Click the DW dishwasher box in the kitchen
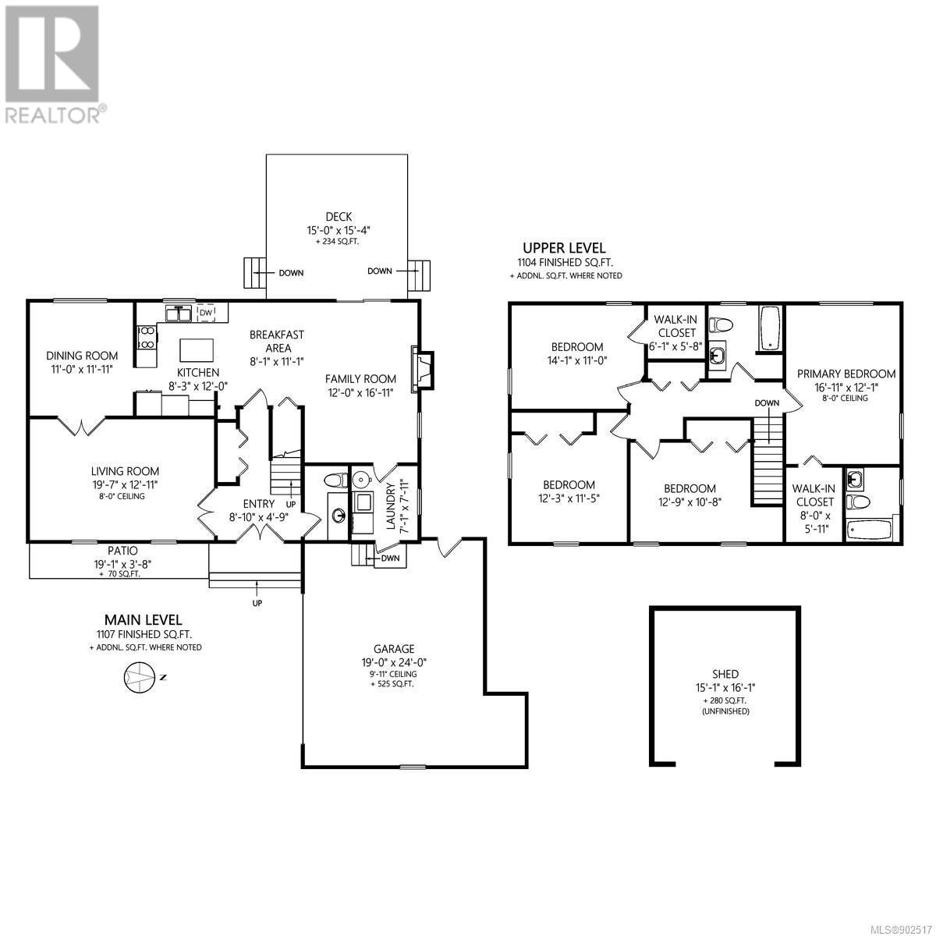click(206, 313)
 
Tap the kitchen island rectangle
click(197, 349)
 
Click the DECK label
click(339, 217)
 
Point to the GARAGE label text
click(394, 649)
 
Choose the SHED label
click(725, 674)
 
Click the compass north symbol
click(138, 677)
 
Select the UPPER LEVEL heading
click(564, 248)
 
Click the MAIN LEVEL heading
click(144, 620)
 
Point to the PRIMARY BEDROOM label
click(846, 374)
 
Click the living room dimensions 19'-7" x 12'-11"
click(125, 484)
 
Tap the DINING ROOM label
click(82, 356)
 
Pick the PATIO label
click(122, 551)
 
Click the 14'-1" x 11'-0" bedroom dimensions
click(577, 360)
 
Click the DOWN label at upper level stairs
click(767, 403)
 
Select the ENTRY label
click(259, 504)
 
